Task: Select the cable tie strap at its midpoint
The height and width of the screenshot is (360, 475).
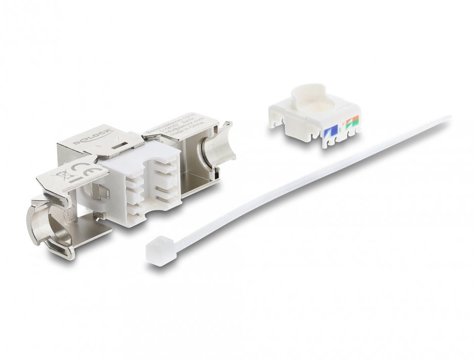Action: pos(303,185)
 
